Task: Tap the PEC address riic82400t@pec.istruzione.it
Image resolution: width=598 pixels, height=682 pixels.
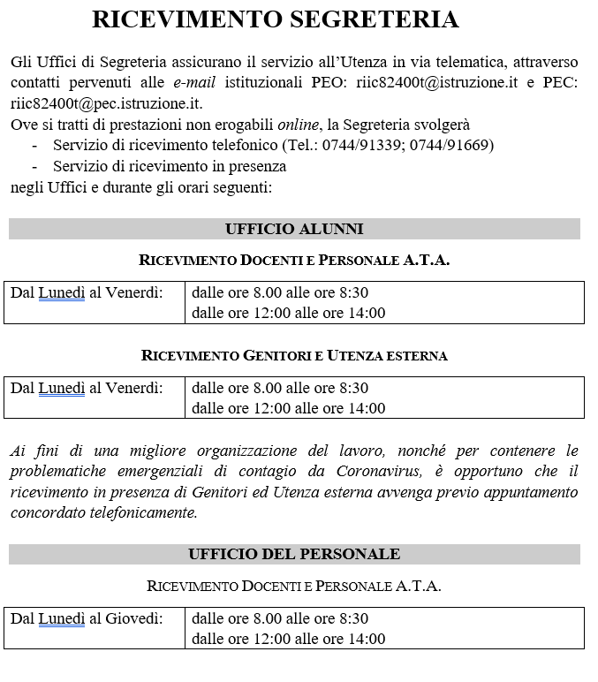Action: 107,103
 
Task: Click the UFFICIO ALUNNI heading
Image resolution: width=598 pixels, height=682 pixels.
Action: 294,229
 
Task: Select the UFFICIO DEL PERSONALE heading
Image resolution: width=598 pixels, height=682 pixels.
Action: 294,554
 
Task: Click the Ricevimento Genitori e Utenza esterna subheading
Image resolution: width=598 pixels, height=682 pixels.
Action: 294,356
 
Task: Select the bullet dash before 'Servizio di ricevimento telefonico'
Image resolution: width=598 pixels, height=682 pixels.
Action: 34,145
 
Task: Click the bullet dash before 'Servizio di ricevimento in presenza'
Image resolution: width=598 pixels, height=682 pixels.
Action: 34,166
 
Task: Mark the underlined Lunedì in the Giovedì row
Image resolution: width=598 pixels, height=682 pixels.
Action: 62,618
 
